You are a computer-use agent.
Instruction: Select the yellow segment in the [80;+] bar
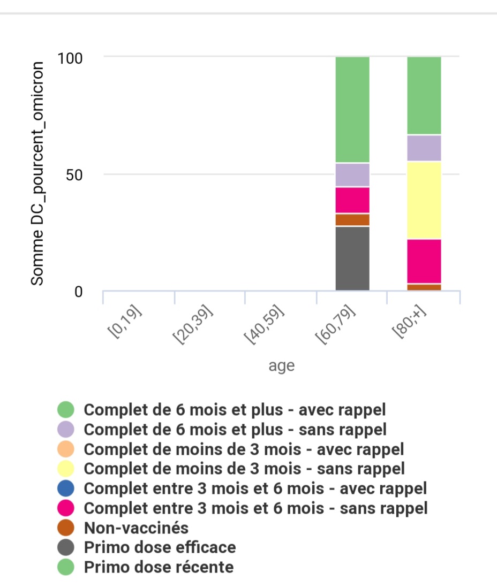pyautogui.click(x=424, y=200)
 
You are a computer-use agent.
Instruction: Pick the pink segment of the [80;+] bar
pyautogui.click(x=424, y=262)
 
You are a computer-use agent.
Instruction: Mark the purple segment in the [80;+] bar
pyautogui.click(x=424, y=148)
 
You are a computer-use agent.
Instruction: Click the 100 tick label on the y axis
pyautogui.click(x=70, y=58)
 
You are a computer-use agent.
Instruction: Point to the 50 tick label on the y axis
pyautogui.click(x=74, y=175)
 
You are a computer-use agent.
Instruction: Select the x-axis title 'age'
pyautogui.click(x=282, y=365)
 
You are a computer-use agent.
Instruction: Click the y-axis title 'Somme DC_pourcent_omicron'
pyautogui.click(x=37, y=174)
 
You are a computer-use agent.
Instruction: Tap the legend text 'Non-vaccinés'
pyautogui.click(x=136, y=528)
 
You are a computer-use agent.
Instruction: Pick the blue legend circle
pyautogui.click(x=66, y=488)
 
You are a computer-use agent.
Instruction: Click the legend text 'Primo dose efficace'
pyautogui.click(x=160, y=547)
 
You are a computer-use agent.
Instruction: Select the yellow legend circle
pyautogui.click(x=66, y=468)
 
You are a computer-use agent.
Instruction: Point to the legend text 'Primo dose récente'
pyautogui.click(x=159, y=567)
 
